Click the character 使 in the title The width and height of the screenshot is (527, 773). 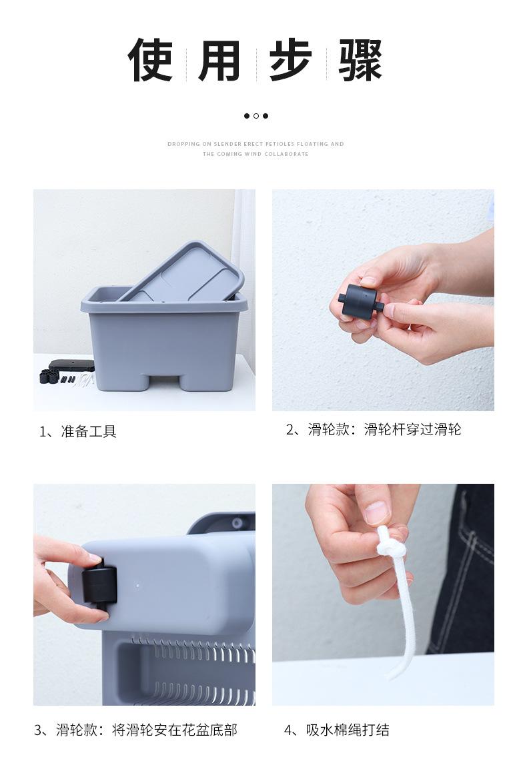tap(150, 59)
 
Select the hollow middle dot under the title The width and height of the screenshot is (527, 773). tap(256, 116)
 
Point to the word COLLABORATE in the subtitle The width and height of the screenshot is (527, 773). tap(286, 154)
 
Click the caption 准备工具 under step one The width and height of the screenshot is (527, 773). tap(89, 431)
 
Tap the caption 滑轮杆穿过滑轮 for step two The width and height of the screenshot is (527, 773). tap(412, 429)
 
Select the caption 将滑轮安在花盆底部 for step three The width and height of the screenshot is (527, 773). tap(175, 730)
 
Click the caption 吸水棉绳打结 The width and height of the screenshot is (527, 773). tap(348, 730)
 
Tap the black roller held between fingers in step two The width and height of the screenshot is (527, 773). tap(361, 301)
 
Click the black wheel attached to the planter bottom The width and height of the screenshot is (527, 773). tap(99, 585)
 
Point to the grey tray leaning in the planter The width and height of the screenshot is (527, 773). tap(181, 272)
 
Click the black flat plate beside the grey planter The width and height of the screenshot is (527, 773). tap(71, 365)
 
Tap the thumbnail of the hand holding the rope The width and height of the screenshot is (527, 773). tap(383, 594)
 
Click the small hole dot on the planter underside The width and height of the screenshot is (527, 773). tap(137, 586)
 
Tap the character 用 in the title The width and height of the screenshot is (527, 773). tap(219, 59)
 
